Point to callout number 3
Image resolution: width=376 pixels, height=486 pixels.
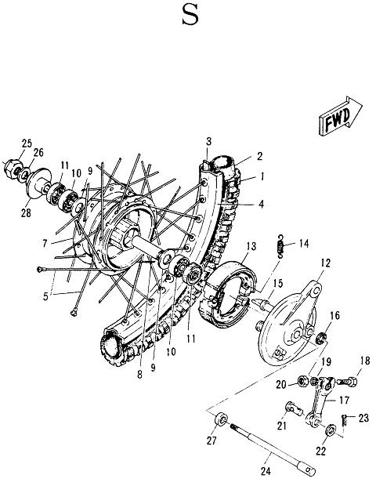(x=209, y=141)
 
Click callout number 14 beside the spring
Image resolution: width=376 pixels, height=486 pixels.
(x=303, y=244)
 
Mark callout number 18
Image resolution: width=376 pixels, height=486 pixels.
(x=363, y=361)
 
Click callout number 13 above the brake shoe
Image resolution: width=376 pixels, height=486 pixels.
(x=250, y=245)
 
